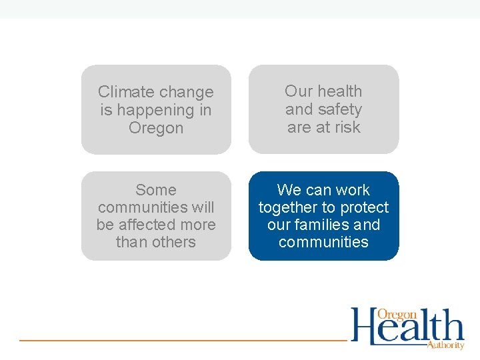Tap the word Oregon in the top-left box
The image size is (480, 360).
[156, 127]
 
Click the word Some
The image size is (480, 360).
[156, 190]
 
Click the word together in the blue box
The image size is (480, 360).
[287, 207]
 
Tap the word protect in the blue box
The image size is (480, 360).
[363, 207]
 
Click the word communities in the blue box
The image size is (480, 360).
[323, 242]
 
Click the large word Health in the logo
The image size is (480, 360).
[407, 327]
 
